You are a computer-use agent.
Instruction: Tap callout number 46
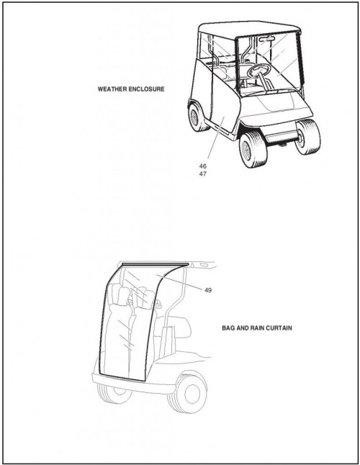pyautogui.click(x=203, y=166)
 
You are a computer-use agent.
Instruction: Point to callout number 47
pyautogui.click(x=203, y=174)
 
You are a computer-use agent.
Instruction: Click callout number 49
pyautogui.click(x=208, y=290)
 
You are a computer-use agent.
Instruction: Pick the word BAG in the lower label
pyautogui.click(x=228, y=328)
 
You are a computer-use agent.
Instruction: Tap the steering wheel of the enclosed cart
pyautogui.click(x=259, y=71)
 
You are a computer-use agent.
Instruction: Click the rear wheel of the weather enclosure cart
pyautogui.click(x=195, y=117)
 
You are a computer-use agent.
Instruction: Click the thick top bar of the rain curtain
pyautogui.click(x=156, y=263)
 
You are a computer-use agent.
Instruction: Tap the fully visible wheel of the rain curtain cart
pyautogui.click(x=187, y=392)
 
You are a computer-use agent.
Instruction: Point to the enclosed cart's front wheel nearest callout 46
pyautogui.click(x=253, y=149)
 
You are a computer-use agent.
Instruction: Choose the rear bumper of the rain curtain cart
pyautogui.click(x=133, y=383)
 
